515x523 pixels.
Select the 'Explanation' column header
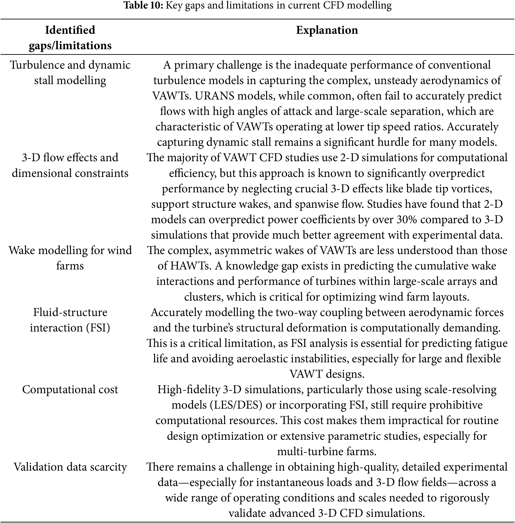[x=327, y=30]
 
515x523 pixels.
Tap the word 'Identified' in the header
[x=70, y=30]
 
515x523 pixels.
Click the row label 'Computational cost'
[x=70, y=389]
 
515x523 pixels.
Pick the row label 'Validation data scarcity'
[x=70, y=467]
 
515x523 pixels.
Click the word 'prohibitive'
[x=456, y=405]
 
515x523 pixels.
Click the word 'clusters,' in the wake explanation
[x=204, y=297]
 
